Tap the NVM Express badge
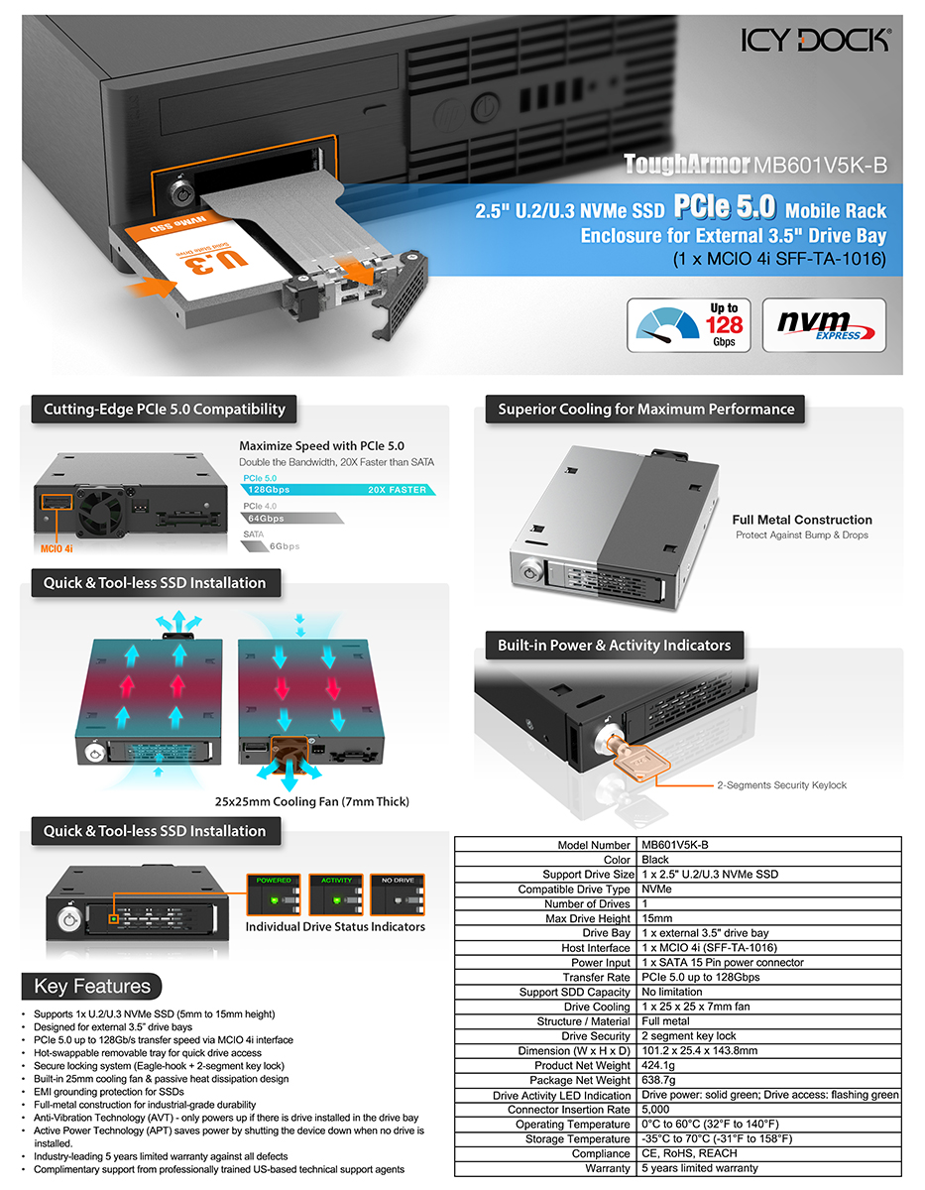(824, 324)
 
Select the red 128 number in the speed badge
(724, 324)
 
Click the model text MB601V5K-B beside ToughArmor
(820, 165)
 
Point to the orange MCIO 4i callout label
(57, 548)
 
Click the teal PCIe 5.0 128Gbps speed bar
(338, 490)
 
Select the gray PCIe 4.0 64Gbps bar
(291, 518)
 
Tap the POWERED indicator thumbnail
(274, 894)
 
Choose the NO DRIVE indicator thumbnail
(398, 894)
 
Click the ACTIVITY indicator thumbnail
(335, 894)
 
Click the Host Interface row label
(596, 948)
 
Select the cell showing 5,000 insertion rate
(655, 1109)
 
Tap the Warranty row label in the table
(608, 1168)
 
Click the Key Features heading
(92, 987)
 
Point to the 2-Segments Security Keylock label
(781, 785)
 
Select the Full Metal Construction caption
(802, 520)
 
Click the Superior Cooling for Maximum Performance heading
(645, 410)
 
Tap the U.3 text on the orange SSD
(217, 261)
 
